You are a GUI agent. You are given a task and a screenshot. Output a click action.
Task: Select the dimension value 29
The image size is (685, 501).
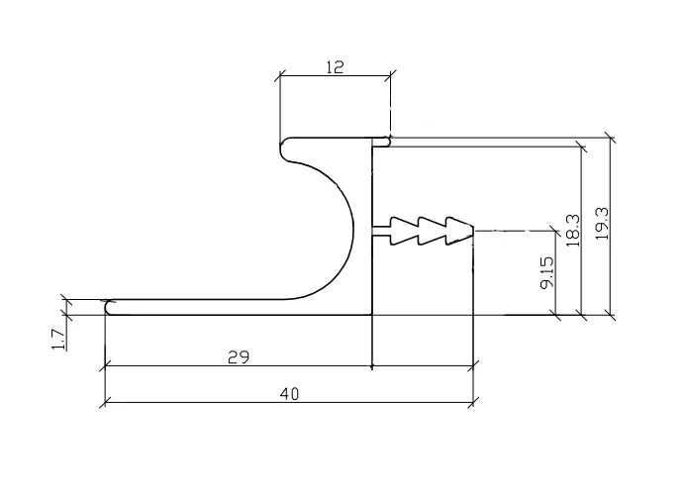238,357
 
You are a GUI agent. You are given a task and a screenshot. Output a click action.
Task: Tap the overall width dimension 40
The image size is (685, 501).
289,394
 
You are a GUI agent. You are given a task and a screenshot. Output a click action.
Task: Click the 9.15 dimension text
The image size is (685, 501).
547,272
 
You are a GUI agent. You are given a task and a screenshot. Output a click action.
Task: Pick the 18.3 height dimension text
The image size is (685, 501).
572,230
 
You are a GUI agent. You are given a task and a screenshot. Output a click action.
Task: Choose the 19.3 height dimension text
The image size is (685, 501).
602,226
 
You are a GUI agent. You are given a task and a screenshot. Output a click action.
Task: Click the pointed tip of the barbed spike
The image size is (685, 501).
473,231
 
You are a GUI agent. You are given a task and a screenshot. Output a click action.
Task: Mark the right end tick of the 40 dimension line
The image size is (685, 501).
473,403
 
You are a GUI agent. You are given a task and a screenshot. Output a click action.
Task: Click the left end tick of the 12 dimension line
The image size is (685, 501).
280,74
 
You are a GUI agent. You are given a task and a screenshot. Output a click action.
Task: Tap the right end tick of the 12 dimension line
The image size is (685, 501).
391,74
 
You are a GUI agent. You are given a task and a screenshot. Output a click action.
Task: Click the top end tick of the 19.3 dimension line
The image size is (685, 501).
612,139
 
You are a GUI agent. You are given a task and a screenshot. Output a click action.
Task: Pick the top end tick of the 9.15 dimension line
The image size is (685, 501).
556,231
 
